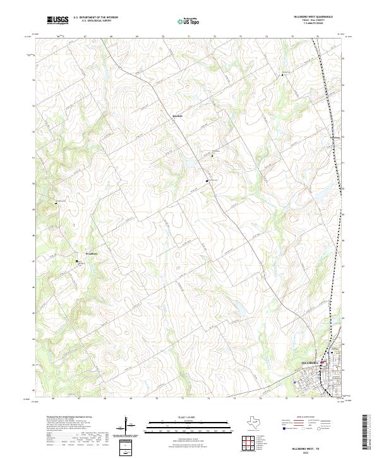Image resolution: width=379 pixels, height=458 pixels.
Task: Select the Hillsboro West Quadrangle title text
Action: (312, 16)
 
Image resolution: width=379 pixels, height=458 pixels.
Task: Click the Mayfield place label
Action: (178, 116)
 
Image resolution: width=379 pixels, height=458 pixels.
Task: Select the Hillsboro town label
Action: (309, 363)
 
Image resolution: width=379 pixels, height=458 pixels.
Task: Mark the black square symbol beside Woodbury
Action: (78, 261)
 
